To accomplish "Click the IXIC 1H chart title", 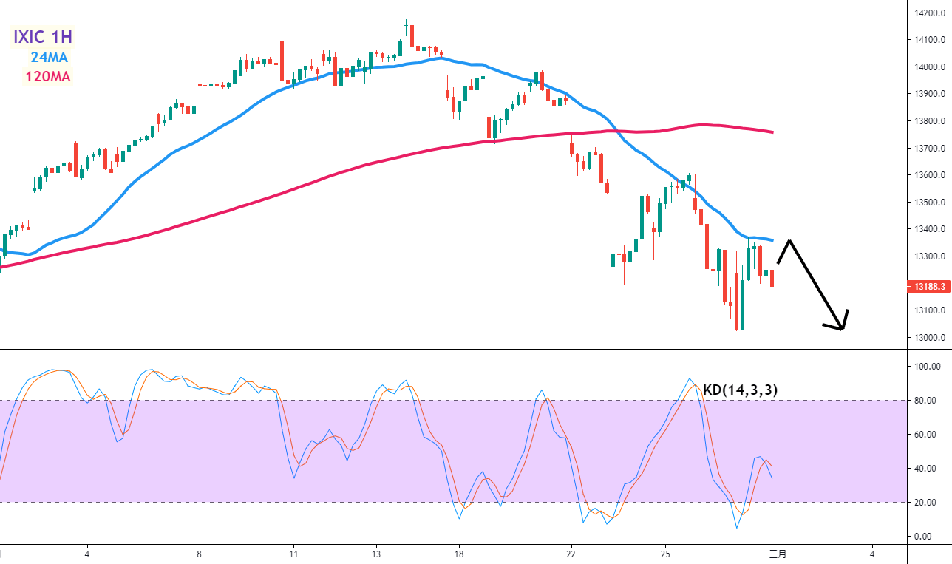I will [x=42, y=36].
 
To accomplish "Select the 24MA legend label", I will [x=50, y=57].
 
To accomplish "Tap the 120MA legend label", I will [x=47, y=76].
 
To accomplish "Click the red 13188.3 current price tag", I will [x=928, y=285].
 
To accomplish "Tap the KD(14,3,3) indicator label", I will [x=741, y=390].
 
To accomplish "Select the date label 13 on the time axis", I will [x=376, y=554].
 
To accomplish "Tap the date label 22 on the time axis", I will [x=571, y=554].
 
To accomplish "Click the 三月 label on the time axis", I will [x=778, y=554].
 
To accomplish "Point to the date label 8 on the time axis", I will [x=200, y=554].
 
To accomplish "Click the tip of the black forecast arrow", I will [x=842, y=328].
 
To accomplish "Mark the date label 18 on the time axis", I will [x=459, y=554].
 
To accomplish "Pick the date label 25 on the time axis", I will [x=665, y=554].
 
